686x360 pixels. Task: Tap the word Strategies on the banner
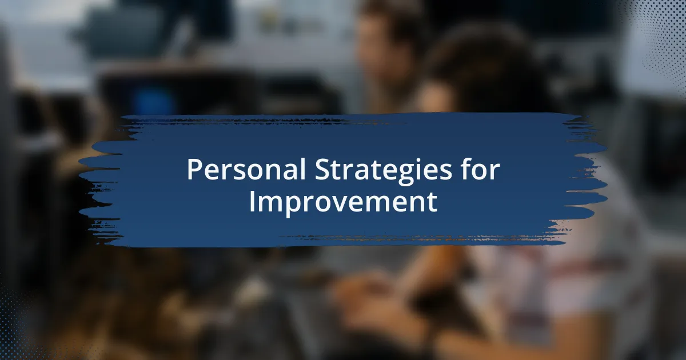[x=384, y=171]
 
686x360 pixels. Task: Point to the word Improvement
[x=343, y=203]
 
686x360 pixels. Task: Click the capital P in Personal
[x=194, y=169]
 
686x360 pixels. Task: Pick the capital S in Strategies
[x=322, y=169]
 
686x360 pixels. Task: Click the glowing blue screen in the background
[x=154, y=101]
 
